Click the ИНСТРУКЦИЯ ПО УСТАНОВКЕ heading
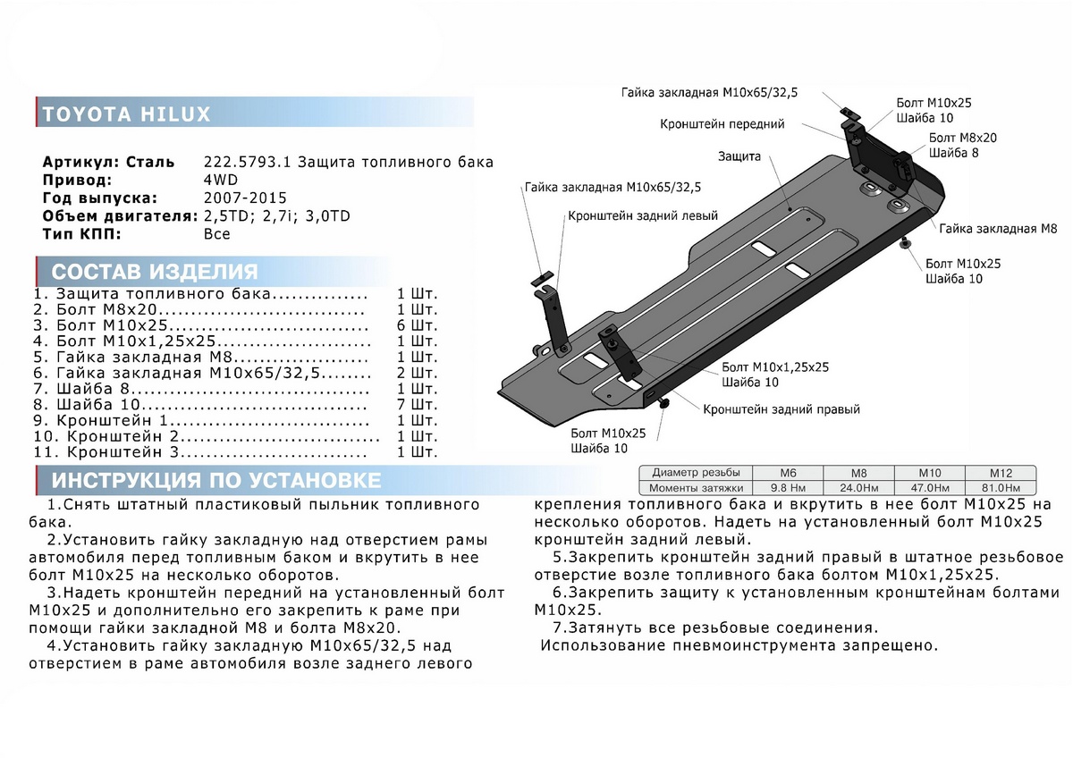pos(216,481)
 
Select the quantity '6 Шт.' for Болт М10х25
pos(417,325)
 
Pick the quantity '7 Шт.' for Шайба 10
pos(417,405)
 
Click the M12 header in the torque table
pos(999,473)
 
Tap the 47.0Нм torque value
pos(932,488)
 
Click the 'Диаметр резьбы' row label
pos(696,473)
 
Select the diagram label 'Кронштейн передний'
pos(722,124)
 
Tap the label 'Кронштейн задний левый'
pos(642,216)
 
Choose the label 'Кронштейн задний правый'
pos(782,410)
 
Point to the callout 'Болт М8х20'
pos(963,139)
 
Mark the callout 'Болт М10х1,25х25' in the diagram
pos(775,367)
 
